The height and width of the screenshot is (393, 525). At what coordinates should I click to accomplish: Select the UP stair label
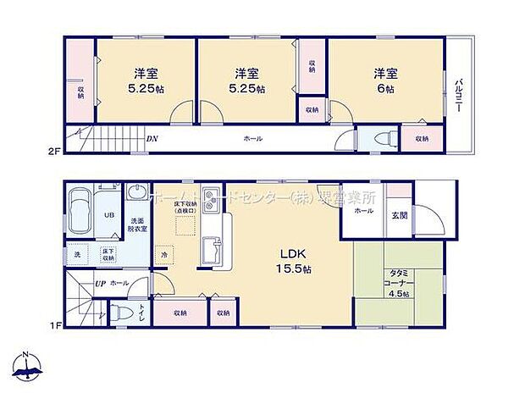[100, 283]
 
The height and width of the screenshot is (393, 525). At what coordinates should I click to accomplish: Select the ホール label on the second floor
[252, 139]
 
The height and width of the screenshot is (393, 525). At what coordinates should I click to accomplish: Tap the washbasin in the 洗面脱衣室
[135, 196]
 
